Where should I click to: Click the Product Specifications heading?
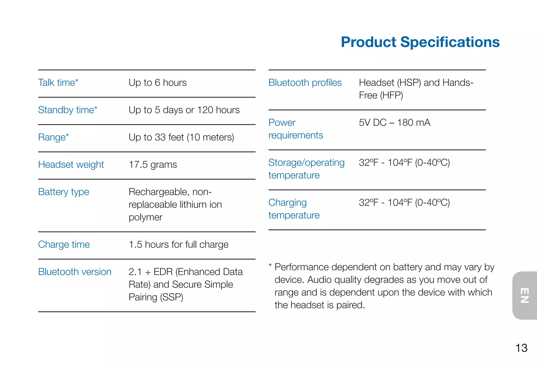(420, 42)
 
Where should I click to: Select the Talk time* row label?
(58, 83)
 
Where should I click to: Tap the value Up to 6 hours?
(158, 83)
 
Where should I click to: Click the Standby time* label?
(68, 110)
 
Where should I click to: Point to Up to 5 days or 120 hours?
(184, 110)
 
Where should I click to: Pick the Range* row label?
(53, 137)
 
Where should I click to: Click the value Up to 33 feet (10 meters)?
(181, 137)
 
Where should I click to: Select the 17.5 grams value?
(153, 165)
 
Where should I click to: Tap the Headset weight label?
(71, 165)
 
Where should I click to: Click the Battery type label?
(64, 192)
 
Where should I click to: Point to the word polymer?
(146, 217)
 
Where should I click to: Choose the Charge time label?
(64, 245)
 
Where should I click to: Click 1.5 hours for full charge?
(179, 245)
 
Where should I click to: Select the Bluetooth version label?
(75, 272)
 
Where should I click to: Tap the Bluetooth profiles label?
(305, 83)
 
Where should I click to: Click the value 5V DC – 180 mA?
(394, 123)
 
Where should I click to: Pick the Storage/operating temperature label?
(306, 169)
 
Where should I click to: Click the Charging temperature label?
(294, 209)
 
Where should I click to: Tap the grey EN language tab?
(525, 295)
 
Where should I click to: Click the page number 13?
(521, 348)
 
